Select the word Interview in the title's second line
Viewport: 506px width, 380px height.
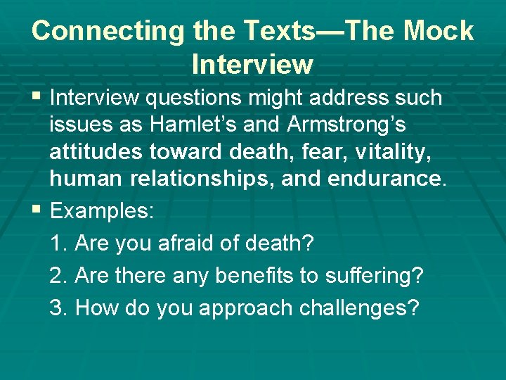(252, 65)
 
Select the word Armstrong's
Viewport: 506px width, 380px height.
(346, 125)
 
